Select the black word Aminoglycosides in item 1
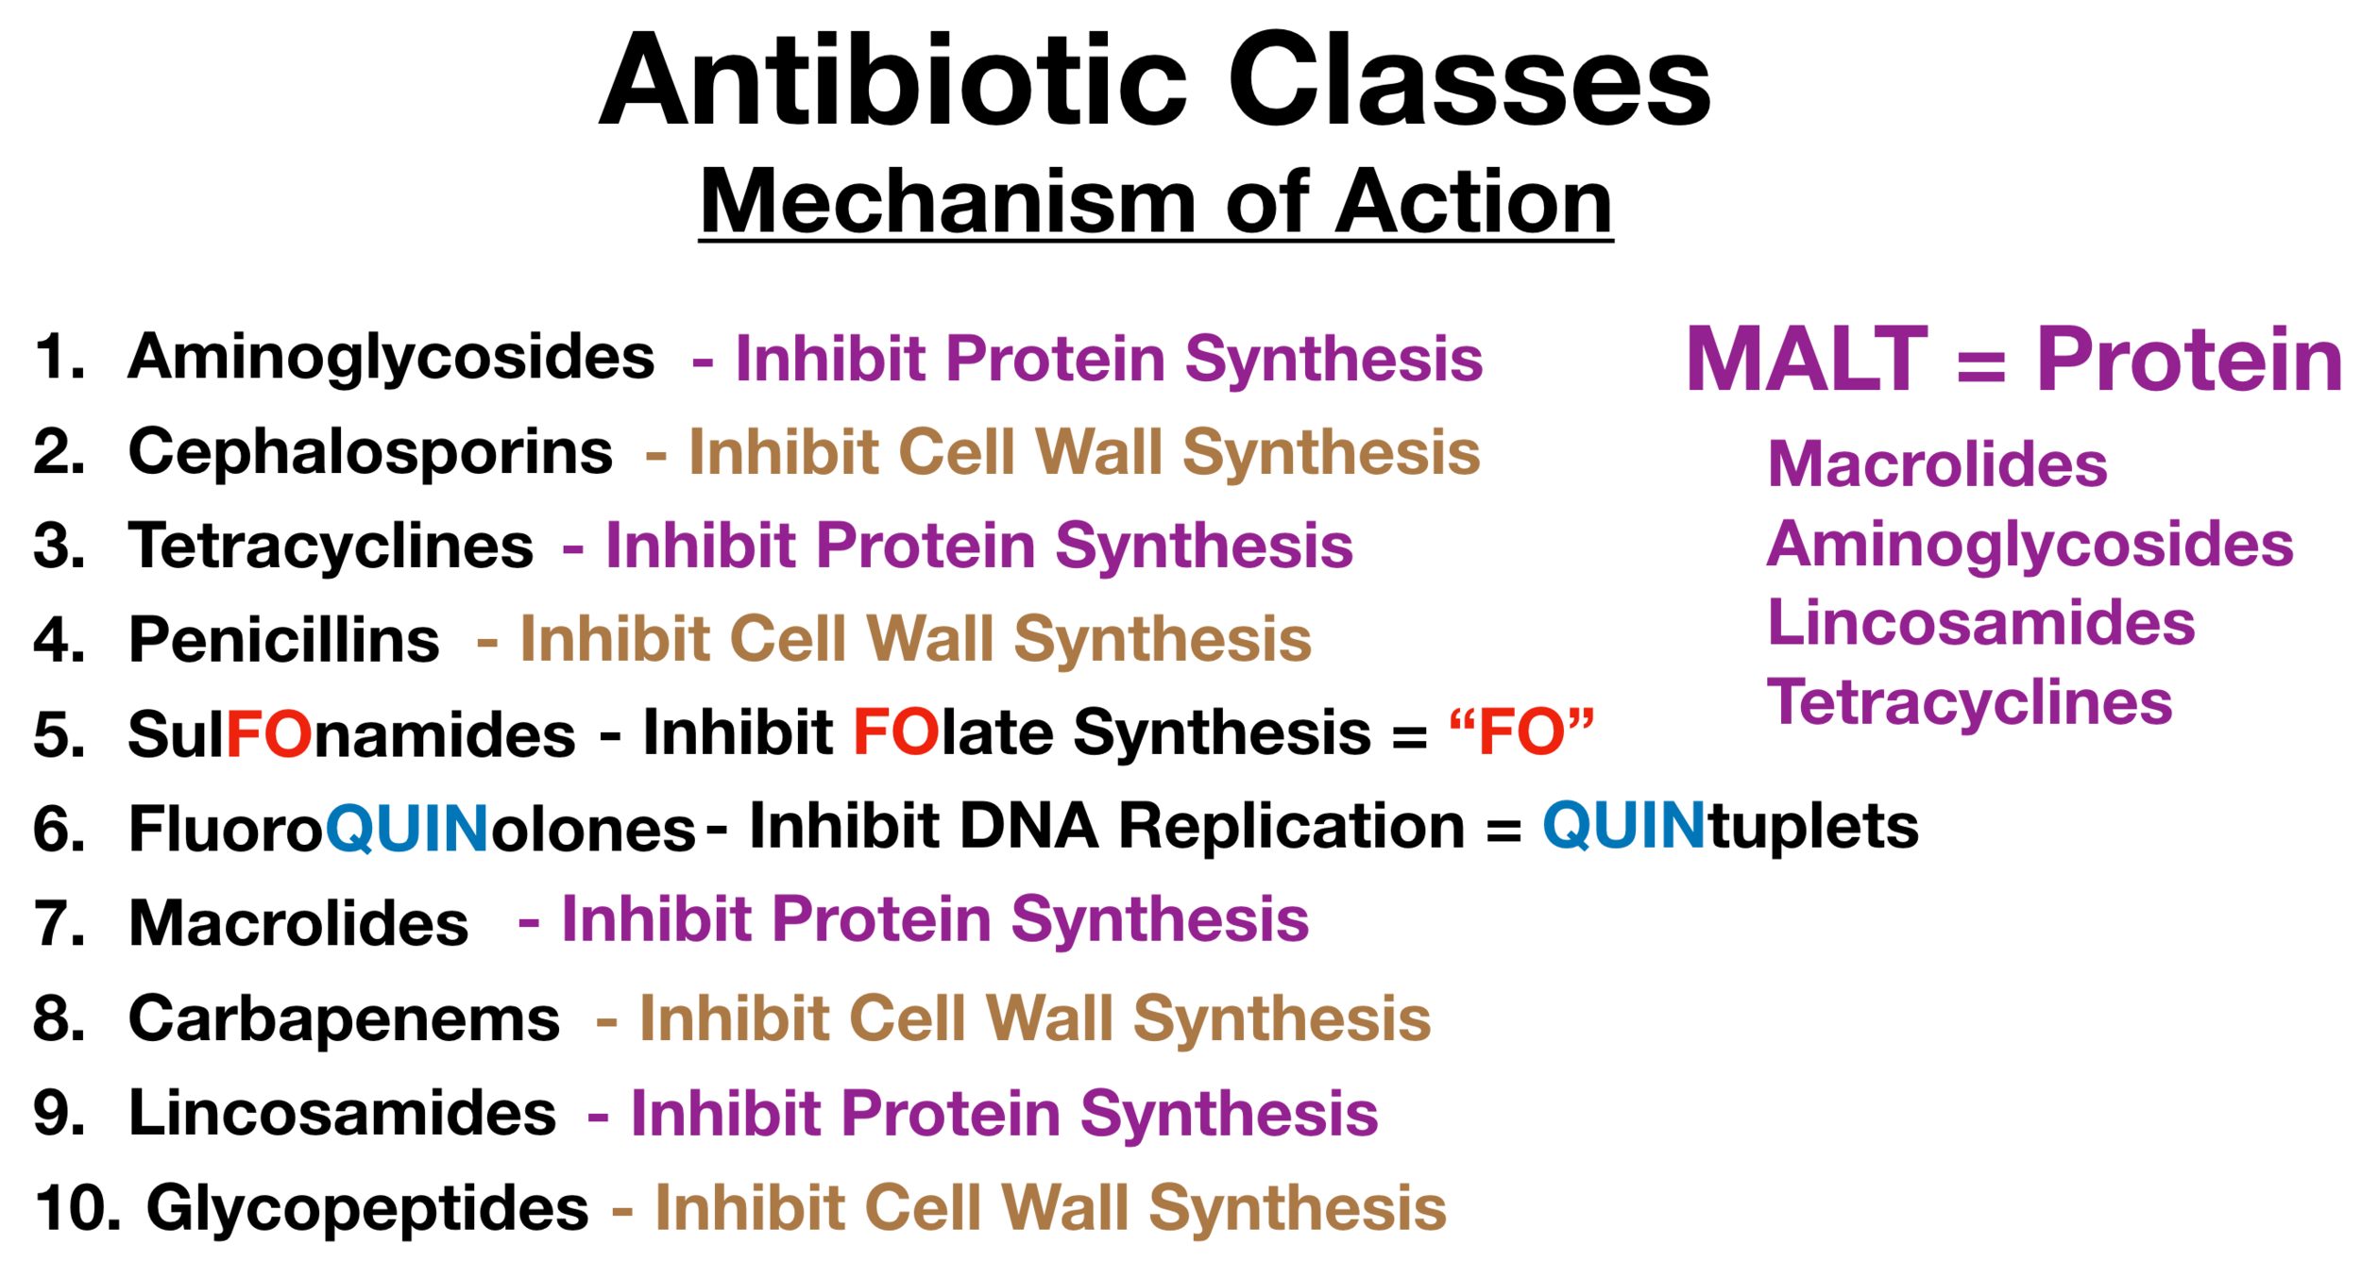(391, 359)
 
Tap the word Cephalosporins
(370, 453)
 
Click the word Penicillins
(283, 639)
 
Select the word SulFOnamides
(351, 733)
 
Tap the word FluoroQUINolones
(412, 828)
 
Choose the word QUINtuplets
(1730, 826)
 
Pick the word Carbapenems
(344, 1019)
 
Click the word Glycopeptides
(367, 1209)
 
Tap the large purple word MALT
(1807, 359)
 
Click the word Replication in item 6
(1291, 828)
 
